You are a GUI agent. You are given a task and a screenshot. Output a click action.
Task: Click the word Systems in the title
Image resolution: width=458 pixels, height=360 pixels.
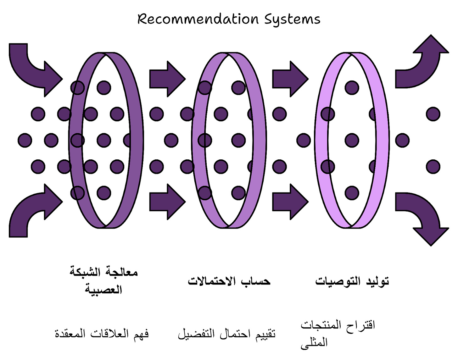292,19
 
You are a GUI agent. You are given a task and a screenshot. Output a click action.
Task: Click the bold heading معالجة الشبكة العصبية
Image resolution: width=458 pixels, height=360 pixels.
103,280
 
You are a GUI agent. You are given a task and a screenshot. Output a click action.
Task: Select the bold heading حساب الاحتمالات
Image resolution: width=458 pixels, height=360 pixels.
229,281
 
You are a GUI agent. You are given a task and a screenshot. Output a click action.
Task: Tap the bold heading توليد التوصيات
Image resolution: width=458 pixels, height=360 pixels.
352,281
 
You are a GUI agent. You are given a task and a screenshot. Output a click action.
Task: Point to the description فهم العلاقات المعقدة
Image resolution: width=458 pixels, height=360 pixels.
102,334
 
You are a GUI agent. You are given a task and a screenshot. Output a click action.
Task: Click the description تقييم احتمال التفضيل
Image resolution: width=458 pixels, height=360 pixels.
227,334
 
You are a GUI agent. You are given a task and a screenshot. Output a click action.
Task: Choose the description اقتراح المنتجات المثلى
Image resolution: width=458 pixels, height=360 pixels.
338,333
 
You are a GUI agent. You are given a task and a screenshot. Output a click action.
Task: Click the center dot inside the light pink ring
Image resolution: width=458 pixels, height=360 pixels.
352,140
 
